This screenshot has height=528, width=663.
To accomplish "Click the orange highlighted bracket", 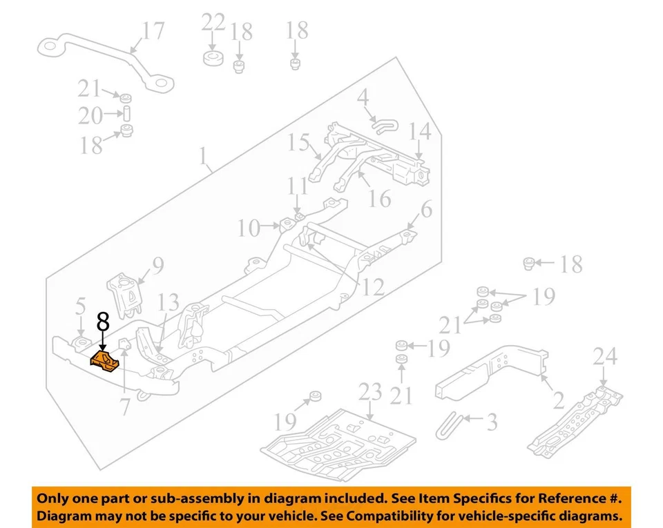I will pos(106,361).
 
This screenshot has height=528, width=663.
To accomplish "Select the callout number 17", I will pos(153,31).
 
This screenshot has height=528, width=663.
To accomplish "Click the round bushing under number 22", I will pos(213,57).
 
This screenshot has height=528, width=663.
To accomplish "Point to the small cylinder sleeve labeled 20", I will pos(127,114).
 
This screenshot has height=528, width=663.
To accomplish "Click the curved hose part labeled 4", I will pos(382,124).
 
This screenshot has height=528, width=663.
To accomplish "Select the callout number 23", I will pos(369,393).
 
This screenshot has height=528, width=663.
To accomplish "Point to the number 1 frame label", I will pos(203,158).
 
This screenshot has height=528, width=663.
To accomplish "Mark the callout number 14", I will pos(419,130).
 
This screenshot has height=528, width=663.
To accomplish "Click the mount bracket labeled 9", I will pos(122,295).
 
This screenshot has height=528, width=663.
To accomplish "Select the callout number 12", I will pos(373,286).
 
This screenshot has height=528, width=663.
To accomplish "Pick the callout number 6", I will pos(426,209).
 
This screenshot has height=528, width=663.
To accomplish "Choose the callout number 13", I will pos(169,302).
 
